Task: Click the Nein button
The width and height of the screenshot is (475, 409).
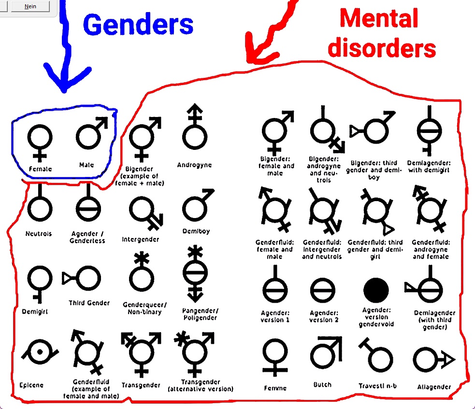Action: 30,6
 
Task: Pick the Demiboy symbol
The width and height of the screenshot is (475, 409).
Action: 196,205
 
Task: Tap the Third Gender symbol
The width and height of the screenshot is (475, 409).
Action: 82,278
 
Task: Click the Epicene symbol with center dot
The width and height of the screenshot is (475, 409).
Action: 38,352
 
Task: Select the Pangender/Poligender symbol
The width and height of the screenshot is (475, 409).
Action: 195,273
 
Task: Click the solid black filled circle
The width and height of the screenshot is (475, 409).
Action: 376,290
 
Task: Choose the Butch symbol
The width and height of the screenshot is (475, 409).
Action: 326,353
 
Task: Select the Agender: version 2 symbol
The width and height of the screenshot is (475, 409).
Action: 323,291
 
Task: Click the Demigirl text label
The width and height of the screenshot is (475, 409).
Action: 35,312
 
